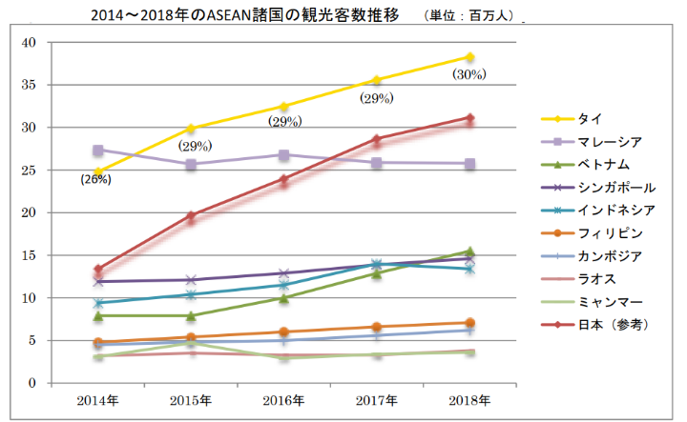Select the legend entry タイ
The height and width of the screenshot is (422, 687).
[x=588, y=118]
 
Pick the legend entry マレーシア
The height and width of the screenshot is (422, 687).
[x=609, y=141]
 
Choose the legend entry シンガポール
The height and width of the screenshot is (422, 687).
[x=615, y=188]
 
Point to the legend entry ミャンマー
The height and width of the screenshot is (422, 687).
[x=609, y=302]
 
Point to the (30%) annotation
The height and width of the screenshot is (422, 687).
[x=469, y=74]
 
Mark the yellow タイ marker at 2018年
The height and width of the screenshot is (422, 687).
[x=469, y=57]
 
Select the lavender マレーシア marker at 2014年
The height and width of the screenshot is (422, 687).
[x=98, y=151]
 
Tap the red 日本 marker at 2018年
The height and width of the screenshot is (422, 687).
[x=469, y=118]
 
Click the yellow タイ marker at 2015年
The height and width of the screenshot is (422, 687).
[x=191, y=129]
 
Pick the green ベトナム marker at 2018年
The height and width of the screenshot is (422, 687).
[x=469, y=251]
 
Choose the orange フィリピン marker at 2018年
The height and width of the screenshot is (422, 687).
[x=469, y=323]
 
